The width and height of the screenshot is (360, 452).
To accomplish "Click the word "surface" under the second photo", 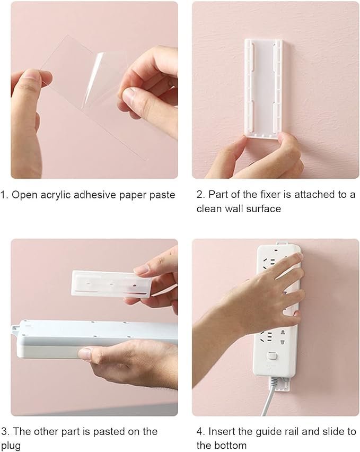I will (x=262, y=208).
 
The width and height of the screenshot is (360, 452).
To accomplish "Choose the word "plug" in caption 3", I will (x=11, y=446).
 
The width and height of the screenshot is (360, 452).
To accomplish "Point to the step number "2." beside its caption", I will (x=200, y=195).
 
